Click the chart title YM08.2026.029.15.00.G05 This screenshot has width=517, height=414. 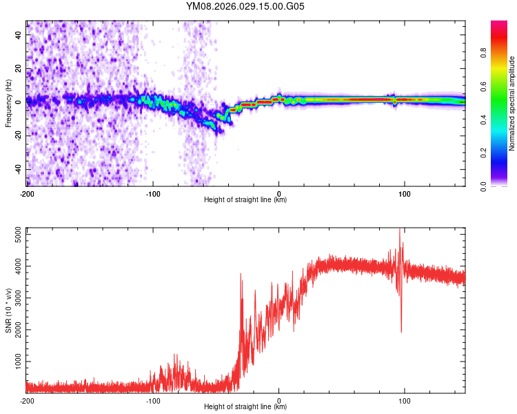click(245, 6)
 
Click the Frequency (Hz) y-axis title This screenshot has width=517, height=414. click(8, 103)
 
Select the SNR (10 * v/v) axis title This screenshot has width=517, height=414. click(8, 310)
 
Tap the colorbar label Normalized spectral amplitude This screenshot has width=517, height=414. click(512, 103)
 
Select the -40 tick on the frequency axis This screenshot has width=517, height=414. click(17, 169)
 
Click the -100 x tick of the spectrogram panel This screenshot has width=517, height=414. click(152, 193)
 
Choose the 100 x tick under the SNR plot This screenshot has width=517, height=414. click(405, 400)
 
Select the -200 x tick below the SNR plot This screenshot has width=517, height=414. click(26, 400)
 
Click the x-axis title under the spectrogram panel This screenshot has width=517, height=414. click(245, 200)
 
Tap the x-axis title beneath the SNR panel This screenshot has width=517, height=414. click(245, 407)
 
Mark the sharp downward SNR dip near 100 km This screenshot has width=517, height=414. click(401, 331)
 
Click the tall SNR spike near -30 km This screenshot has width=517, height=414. click(241, 275)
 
